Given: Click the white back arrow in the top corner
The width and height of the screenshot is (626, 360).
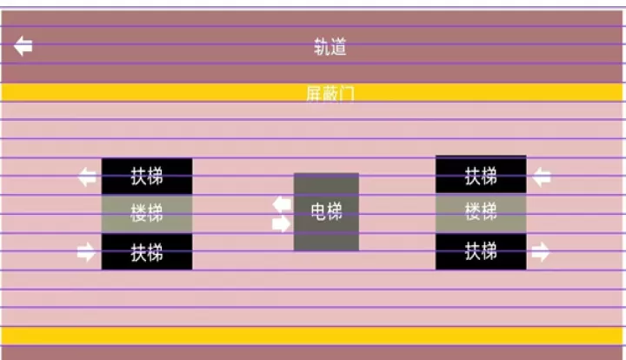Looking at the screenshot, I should coord(23,46).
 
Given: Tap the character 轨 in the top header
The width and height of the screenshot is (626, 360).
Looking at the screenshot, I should coord(322,47).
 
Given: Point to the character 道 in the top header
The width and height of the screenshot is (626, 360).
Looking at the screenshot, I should coord(338,47).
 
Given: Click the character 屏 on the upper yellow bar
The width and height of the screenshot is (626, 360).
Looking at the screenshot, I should coord(314,92).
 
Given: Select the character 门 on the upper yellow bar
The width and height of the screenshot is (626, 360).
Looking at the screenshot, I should coord(347,92).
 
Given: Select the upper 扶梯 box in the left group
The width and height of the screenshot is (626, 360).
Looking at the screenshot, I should coord(147,176).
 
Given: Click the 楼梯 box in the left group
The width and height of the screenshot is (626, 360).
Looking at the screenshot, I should coord(147,213).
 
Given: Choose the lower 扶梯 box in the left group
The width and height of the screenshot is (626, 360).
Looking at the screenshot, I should coord(147,252).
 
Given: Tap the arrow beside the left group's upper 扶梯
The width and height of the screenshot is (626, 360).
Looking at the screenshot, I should coord(87,177).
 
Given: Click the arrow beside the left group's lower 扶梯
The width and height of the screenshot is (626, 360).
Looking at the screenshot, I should coord(86,253).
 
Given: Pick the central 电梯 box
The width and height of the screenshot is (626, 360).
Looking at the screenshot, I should coord(326,212).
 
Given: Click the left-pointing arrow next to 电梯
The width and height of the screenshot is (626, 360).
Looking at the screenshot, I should coord(282,204).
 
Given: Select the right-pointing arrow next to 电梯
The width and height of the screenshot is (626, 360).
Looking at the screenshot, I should coord(282,223).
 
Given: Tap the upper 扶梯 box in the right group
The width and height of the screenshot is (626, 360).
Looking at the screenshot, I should coord(481,176).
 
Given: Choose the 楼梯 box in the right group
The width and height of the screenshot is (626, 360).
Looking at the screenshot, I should coord(481,213).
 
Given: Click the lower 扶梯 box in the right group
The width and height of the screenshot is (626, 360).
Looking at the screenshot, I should coord(481,252).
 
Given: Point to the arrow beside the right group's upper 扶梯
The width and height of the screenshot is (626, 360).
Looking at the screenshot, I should coord(541,177).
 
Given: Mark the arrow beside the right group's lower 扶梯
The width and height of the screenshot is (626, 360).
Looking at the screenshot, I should coord(541,253).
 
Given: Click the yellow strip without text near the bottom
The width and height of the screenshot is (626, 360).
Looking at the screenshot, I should coord(313,336).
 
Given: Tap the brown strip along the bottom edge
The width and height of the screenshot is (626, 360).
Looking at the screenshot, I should coord(313,352).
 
